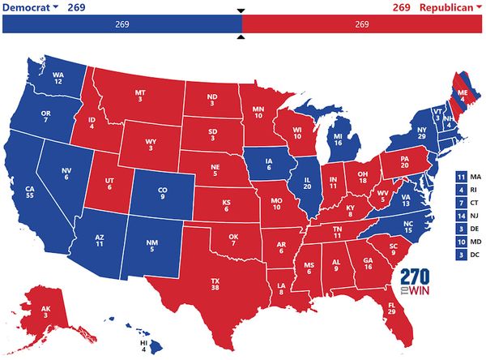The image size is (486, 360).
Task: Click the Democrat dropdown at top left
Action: click(32, 7)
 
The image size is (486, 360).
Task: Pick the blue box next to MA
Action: click(460, 177)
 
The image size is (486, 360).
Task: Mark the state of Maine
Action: click(462, 96)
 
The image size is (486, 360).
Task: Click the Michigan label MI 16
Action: click(338, 138)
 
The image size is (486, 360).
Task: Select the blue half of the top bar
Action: click(122, 24)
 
